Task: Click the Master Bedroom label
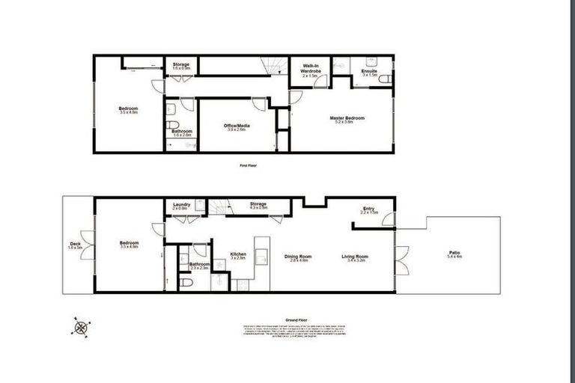[x=347, y=118]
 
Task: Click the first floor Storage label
[x=181, y=65]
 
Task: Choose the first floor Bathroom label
[x=182, y=132]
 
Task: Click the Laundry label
[x=181, y=205]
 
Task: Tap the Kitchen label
[x=238, y=254]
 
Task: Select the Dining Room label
[x=298, y=257]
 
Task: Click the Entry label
[x=369, y=209]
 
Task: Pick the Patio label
[x=454, y=254]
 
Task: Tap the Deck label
[x=75, y=244]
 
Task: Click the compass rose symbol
[x=81, y=327]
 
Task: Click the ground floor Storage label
[x=258, y=203]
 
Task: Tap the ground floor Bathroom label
[x=199, y=265]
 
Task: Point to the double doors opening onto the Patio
[x=401, y=260]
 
